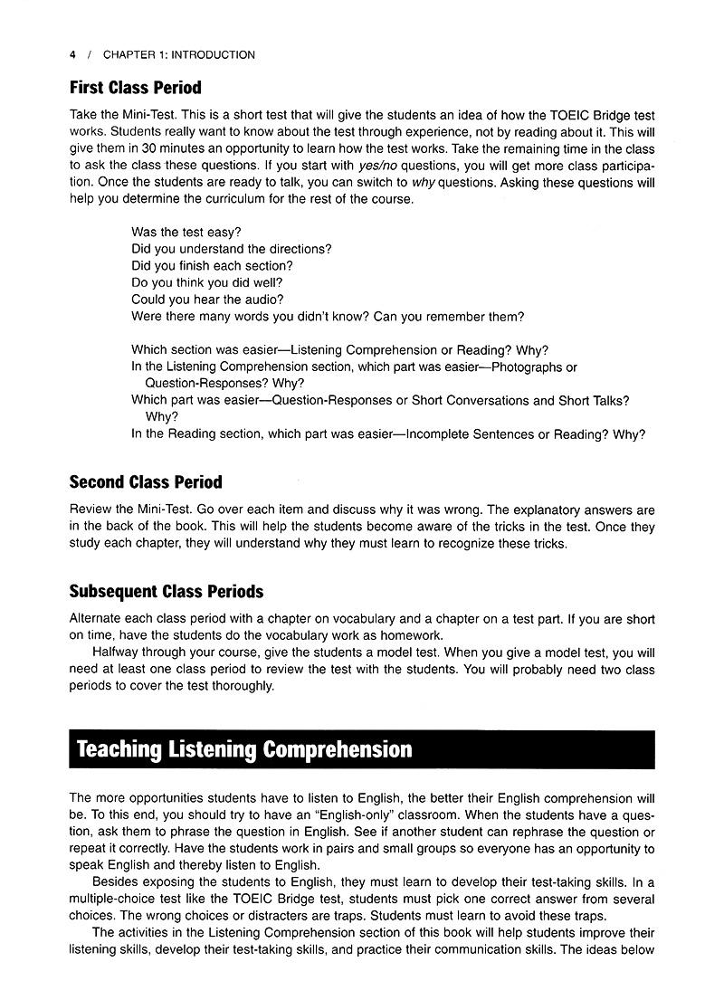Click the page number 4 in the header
click(72, 55)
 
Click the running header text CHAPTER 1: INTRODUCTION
click(178, 55)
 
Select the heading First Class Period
click(135, 88)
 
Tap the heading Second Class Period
click(145, 482)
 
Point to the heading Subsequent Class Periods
click(166, 592)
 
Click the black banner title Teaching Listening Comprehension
click(244, 750)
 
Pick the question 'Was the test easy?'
click(186, 233)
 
